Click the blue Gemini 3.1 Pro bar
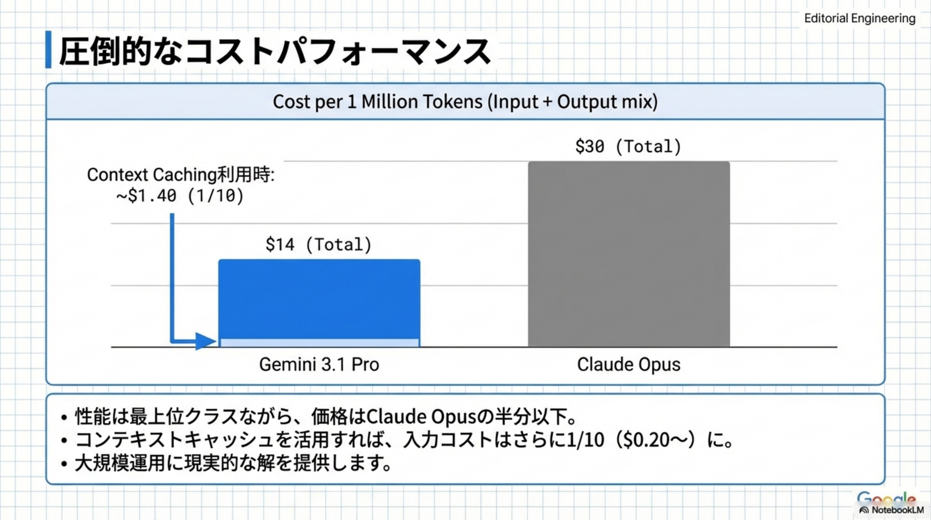click(319, 299)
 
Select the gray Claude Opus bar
click(629, 254)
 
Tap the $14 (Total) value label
click(318, 244)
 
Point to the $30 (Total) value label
click(628, 147)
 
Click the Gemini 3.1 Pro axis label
click(319, 364)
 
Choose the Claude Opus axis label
click(629, 364)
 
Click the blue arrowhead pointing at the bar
click(206, 341)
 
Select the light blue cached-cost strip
click(319, 343)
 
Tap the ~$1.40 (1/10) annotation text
click(180, 196)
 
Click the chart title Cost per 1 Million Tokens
click(465, 102)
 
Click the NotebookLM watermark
click(892, 510)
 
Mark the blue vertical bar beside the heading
click(48, 49)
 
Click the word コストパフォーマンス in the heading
click(338, 51)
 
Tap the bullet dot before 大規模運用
click(64, 463)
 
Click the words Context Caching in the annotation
click(152, 175)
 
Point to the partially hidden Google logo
click(886, 498)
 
